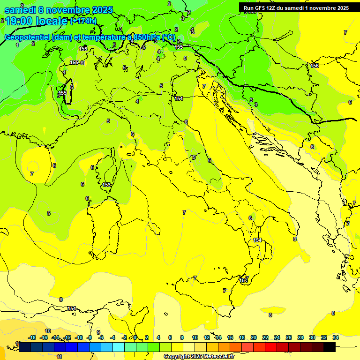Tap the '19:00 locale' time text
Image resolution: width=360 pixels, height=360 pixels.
pos(36,21)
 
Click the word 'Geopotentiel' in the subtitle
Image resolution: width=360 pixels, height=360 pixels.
pos(28,37)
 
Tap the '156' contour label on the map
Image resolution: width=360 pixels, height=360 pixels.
pos(315,66)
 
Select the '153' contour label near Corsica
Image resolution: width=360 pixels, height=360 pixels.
pos(106,185)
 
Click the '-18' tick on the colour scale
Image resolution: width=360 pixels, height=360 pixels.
pos(32,337)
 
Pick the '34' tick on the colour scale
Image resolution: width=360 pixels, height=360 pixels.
pos(335,337)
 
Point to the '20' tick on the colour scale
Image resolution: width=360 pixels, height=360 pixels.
pos(254,337)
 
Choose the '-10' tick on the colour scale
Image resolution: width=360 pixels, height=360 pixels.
pos(79,337)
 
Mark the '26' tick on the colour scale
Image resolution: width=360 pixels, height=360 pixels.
pos(288,337)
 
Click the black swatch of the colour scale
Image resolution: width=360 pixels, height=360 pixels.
pos(330,347)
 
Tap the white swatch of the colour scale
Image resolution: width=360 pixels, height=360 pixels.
pos(189,347)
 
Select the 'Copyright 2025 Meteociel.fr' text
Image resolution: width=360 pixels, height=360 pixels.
pos(198,356)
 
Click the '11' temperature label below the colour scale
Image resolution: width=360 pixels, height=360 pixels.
pos(60,357)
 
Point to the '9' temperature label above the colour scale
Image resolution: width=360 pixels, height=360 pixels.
pos(98,332)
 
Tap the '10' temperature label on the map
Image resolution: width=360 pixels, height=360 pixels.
pos(48,331)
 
